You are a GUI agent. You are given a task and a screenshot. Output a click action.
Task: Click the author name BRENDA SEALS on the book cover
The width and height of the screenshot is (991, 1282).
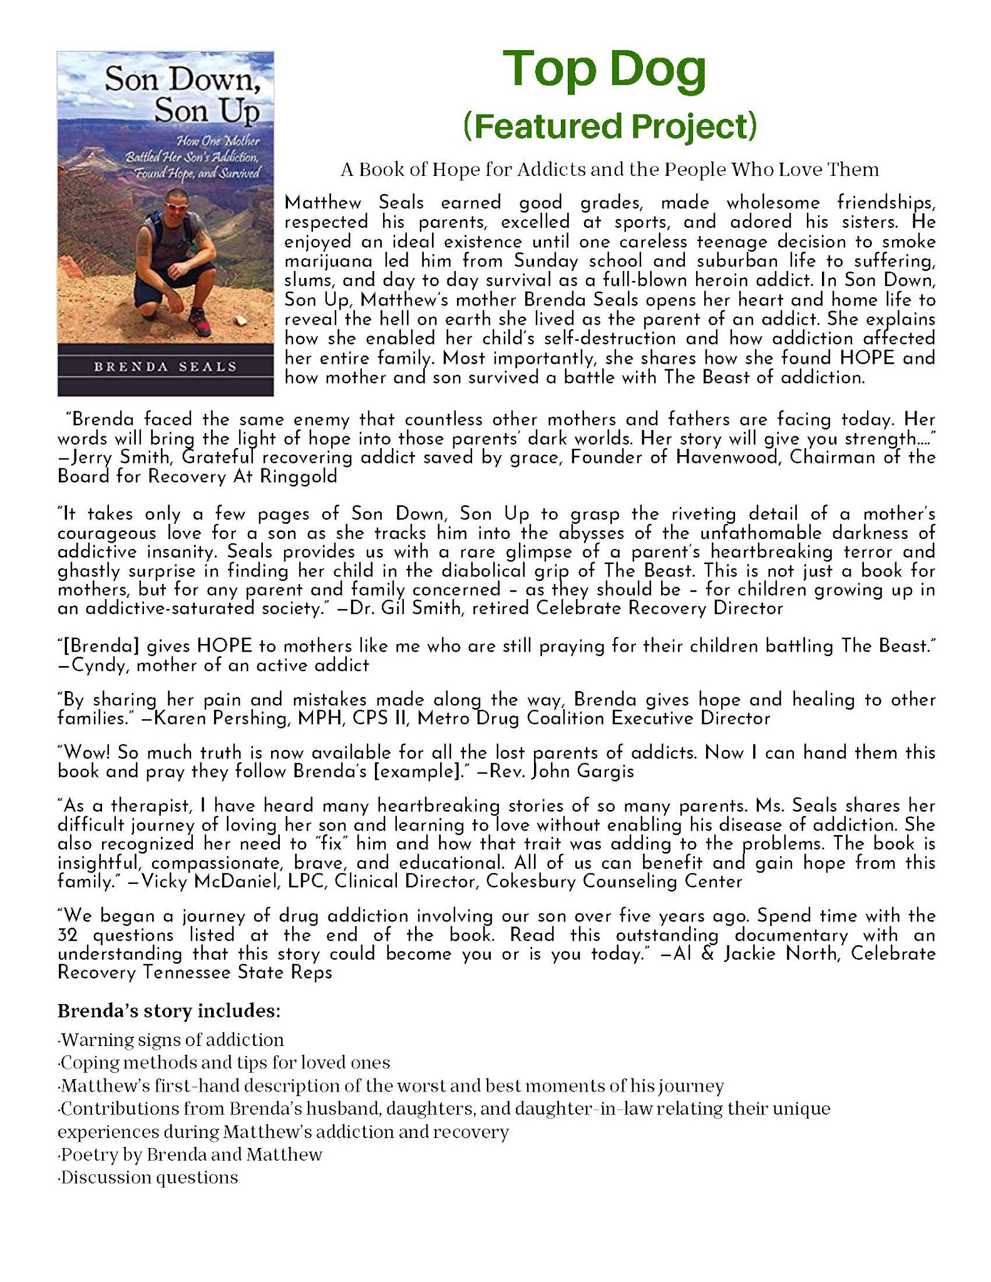pyautogui.click(x=165, y=367)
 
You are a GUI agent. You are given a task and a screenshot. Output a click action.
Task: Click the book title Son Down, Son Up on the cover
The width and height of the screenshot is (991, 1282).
pyautogui.click(x=182, y=95)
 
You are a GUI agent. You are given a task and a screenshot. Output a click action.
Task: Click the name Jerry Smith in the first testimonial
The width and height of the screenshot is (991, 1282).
pyautogui.click(x=112, y=458)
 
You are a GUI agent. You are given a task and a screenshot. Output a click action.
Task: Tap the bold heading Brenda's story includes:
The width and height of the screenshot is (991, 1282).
pyautogui.click(x=168, y=1010)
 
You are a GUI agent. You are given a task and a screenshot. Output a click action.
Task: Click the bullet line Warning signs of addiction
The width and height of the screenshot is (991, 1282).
pyautogui.click(x=172, y=1040)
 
